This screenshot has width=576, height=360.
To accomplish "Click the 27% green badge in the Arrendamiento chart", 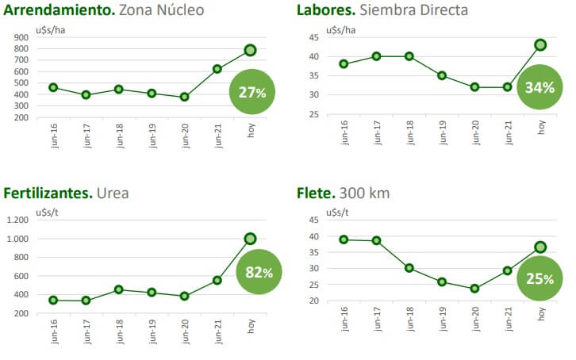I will pos(252,92).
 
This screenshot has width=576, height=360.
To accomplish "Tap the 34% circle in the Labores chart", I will pos(539,86).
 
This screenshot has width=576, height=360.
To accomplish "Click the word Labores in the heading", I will pos(326,10).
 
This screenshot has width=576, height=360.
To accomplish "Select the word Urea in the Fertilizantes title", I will pos(113,193).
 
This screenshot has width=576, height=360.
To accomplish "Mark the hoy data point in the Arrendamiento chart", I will pos(251,50).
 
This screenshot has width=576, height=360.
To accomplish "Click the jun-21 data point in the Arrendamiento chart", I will pos(217,69).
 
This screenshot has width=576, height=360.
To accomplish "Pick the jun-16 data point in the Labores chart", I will pos(344,63).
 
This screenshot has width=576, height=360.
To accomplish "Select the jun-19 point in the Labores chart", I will pos(442,75).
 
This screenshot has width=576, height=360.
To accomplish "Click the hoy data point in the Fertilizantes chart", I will pos(251,238).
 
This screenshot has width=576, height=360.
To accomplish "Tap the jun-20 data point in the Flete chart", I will pos(474,289).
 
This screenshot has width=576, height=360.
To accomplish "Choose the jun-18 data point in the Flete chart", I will pos(409,268).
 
